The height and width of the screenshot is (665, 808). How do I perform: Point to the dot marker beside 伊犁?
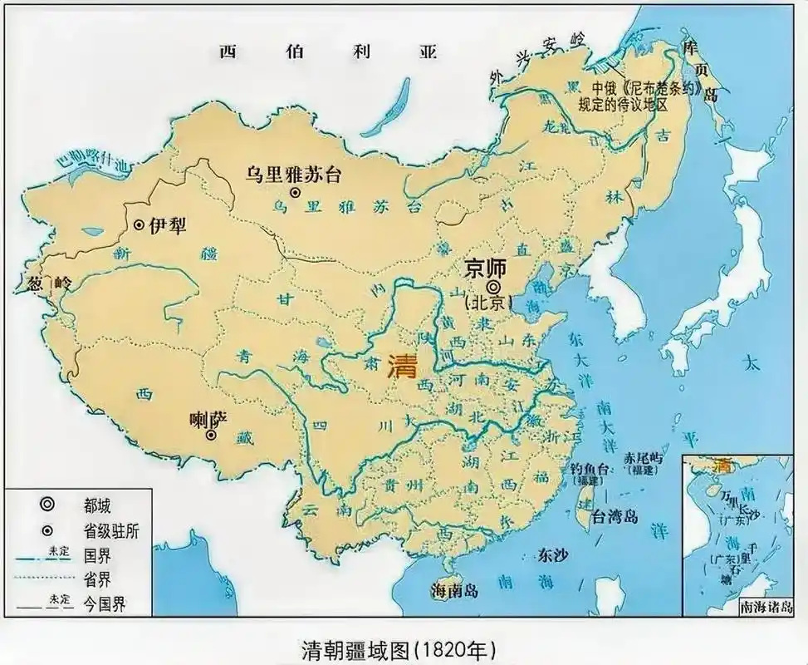[x=139, y=225]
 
